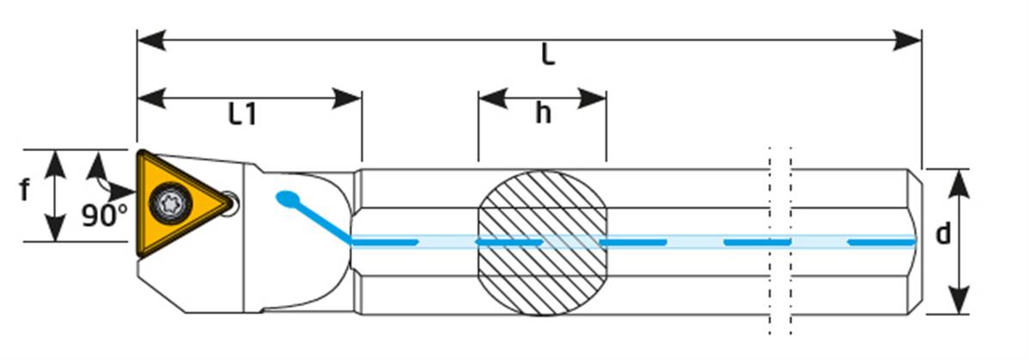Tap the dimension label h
542,113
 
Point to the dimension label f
25,190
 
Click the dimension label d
943,234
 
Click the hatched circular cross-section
541,242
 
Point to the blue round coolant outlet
284,198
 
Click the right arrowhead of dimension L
909,40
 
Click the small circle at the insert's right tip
230,202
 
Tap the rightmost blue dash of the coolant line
881,242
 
